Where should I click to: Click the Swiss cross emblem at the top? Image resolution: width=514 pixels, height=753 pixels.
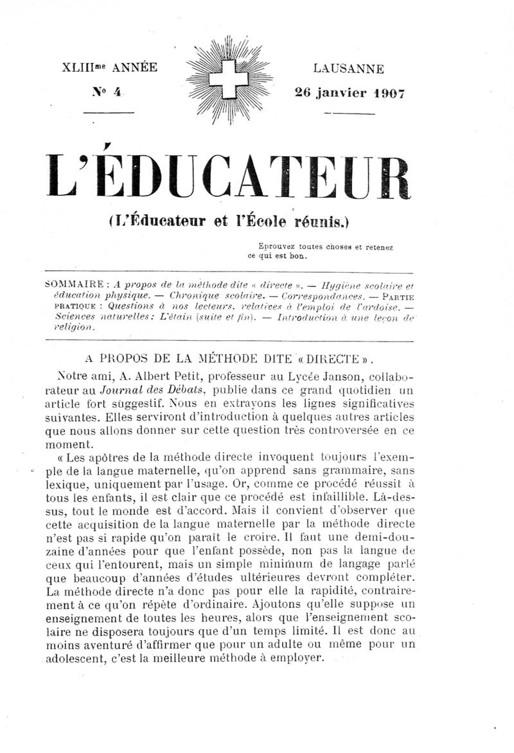pyautogui.click(x=230, y=78)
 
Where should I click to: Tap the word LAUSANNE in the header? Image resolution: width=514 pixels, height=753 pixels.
pyautogui.click(x=348, y=69)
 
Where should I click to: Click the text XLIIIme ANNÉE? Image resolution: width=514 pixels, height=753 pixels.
pyautogui.click(x=109, y=68)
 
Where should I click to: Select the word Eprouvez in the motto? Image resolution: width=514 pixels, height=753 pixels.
pyautogui.click(x=278, y=246)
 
